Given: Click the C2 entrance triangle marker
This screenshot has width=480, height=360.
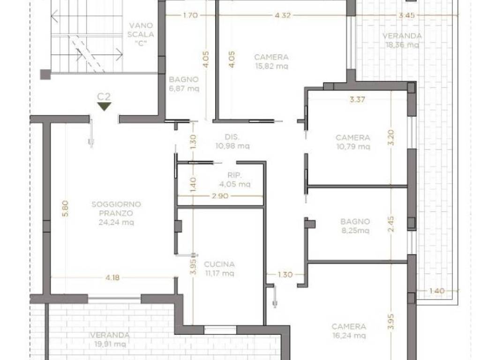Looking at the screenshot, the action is click(104, 106).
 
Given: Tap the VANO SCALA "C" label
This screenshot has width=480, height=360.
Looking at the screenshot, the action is click(141, 34).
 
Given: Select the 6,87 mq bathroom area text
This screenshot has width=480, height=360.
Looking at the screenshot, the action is click(184, 89).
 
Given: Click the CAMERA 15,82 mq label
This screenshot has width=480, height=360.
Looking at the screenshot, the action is click(271, 61).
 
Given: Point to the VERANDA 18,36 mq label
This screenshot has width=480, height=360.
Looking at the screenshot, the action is click(402, 40).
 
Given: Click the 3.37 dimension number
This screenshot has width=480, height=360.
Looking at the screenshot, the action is click(357, 99).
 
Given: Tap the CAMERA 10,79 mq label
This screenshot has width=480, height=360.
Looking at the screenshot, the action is click(353, 142).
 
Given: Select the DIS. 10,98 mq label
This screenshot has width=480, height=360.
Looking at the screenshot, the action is click(232, 142).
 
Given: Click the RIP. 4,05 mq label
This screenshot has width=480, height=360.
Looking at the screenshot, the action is click(235, 180).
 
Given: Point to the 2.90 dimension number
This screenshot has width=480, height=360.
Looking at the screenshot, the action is click(220, 196).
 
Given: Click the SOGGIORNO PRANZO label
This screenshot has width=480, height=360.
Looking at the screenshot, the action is click(116, 209).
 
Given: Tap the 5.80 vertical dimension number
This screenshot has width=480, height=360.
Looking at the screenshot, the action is click(65, 209).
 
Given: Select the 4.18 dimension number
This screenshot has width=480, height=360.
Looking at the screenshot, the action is click(112, 277).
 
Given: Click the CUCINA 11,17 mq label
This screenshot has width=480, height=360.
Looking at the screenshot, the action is click(219, 269).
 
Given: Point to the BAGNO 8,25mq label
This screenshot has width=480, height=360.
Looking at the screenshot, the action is click(355, 226).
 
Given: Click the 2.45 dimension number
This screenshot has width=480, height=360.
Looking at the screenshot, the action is click(391, 224).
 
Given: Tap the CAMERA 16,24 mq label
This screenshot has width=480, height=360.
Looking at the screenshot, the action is click(349, 331).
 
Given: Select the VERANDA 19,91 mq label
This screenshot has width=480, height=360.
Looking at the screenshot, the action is click(110, 339).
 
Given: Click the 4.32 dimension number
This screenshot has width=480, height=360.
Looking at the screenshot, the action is click(282, 15).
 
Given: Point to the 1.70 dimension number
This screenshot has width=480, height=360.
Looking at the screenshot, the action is click(190, 15).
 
